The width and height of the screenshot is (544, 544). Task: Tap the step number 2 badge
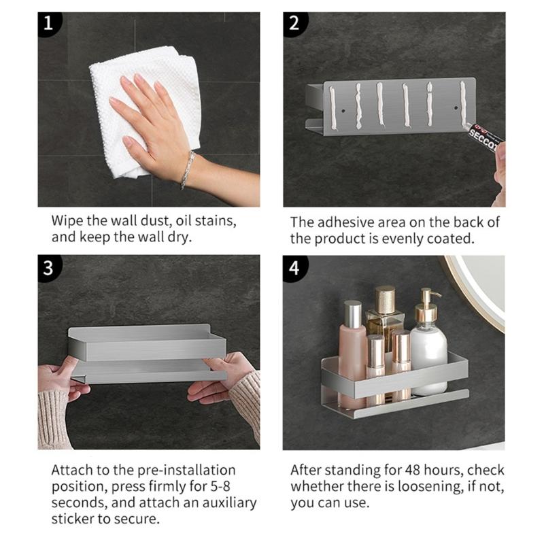[294, 23]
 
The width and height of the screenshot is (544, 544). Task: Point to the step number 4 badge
[294, 267]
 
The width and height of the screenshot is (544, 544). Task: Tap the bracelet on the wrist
[188, 169]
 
